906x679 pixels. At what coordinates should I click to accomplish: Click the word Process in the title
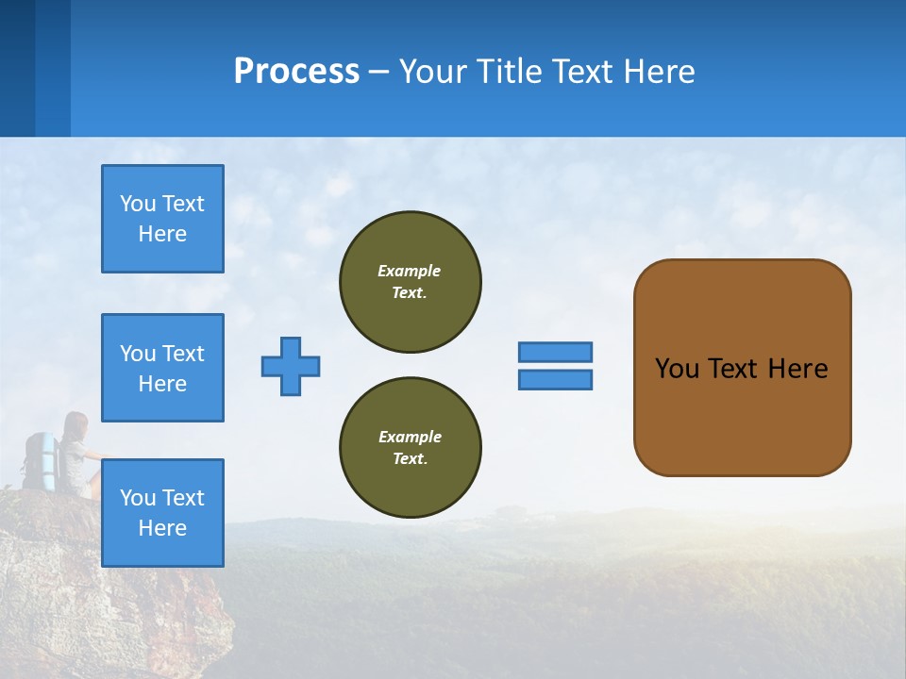point(296,72)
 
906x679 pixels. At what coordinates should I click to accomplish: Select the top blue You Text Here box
point(162,219)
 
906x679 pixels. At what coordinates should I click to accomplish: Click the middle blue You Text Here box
point(162,368)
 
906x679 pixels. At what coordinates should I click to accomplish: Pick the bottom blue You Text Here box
point(162,513)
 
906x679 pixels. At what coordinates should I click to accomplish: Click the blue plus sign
point(291,366)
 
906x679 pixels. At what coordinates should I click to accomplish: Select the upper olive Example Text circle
point(410,282)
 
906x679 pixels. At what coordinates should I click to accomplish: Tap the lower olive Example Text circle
point(410,448)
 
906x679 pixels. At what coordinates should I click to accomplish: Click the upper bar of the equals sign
point(555,352)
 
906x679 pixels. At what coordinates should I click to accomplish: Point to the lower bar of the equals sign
point(555,380)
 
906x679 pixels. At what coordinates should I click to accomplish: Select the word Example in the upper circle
point(410,271)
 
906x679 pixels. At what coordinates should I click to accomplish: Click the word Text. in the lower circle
point(410,459)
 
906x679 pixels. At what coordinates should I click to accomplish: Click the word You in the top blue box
point(138,204)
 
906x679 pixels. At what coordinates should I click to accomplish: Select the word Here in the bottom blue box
point(162,528)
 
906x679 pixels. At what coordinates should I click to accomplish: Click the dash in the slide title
point(378,72)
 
